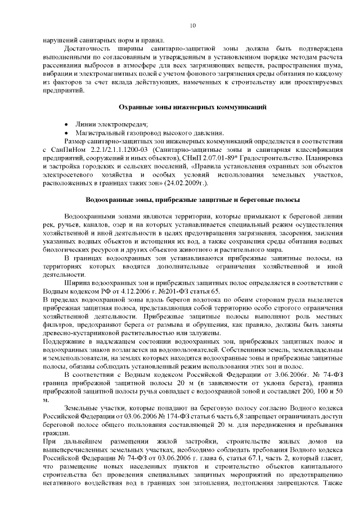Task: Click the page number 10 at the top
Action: point(193,26)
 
